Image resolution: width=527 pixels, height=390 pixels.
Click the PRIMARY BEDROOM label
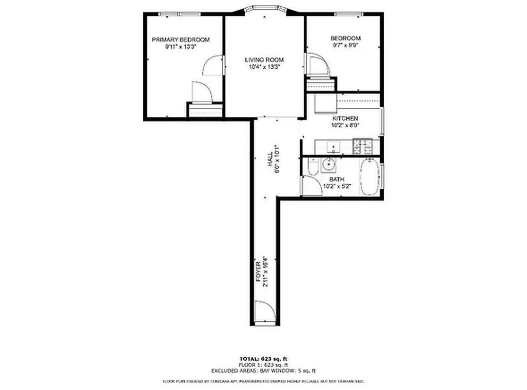point(180,39)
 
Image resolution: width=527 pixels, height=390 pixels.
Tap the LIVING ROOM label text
point(264,60)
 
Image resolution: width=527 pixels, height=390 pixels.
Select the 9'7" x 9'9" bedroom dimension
point(345,46)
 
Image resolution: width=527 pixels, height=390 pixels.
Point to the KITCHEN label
point(345,118)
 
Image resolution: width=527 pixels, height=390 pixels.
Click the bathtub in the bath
point(370,176)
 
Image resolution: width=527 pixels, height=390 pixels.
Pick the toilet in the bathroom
point(313,167)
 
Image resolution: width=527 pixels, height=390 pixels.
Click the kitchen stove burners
point(362,144)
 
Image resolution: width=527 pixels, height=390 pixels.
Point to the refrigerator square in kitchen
point(324,104)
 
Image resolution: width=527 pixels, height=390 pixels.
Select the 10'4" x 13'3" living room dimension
point(264,67)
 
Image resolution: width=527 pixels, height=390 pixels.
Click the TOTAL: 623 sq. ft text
point(263,359)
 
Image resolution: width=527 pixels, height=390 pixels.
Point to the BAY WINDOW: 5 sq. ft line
point(263,370)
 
